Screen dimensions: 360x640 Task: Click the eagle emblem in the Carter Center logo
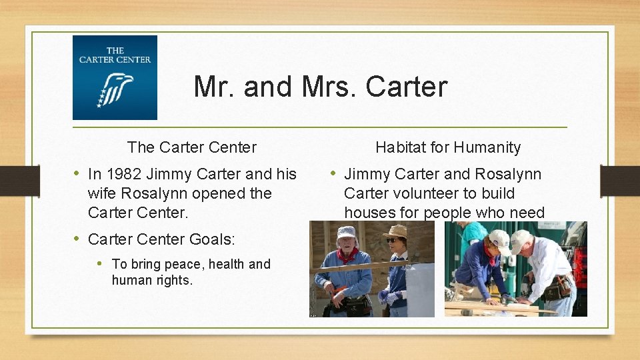click(x=115, y=89)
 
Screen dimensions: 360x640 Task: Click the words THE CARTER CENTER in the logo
click(x=115, y=55)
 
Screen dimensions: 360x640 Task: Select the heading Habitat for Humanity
click(x=448, y=147)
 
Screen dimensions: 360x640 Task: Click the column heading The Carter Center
click(x=191, y=147)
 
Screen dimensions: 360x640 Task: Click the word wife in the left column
click(x=100, y=194)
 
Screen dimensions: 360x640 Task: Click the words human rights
click(x=152, y=281)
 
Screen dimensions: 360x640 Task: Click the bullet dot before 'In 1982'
click(x=77, y=174)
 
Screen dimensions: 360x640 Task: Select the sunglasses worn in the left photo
click(x=393, y=240)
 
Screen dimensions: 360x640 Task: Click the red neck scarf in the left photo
click(x=347, y=255)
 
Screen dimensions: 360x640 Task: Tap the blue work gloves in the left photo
click(x=386, y=296)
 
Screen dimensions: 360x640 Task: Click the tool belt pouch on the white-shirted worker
click(x=555, y=289)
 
